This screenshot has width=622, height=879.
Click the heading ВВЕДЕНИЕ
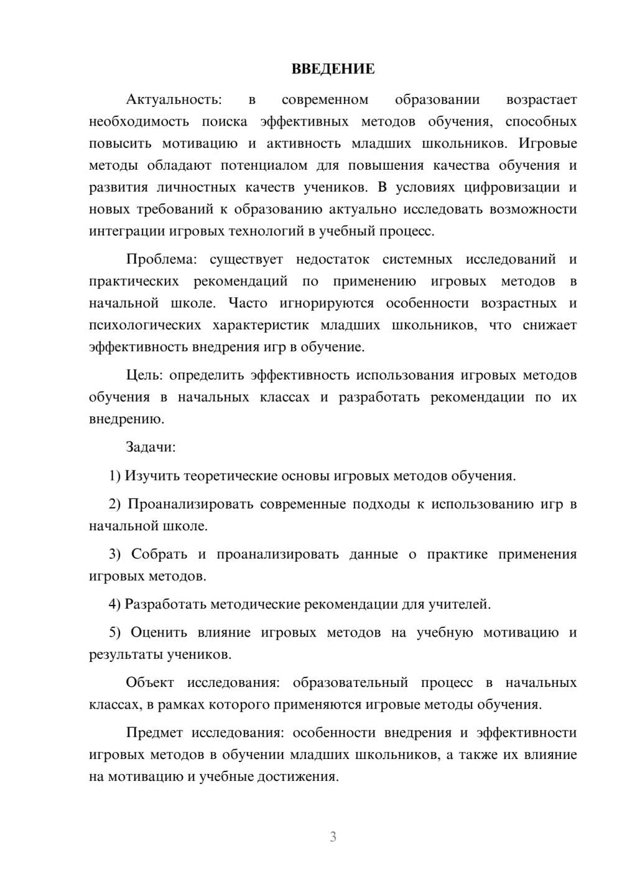coord(333,69)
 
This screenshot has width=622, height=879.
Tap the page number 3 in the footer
coord(333,837)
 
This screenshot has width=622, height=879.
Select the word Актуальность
coord(173,99)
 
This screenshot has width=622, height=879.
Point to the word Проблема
coord(164,259)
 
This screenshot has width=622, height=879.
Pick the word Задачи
coord(151,447)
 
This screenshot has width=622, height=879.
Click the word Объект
coord(150,683)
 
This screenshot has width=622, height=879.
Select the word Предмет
coord(154,732)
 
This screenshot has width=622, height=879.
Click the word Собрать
coord(159,555)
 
